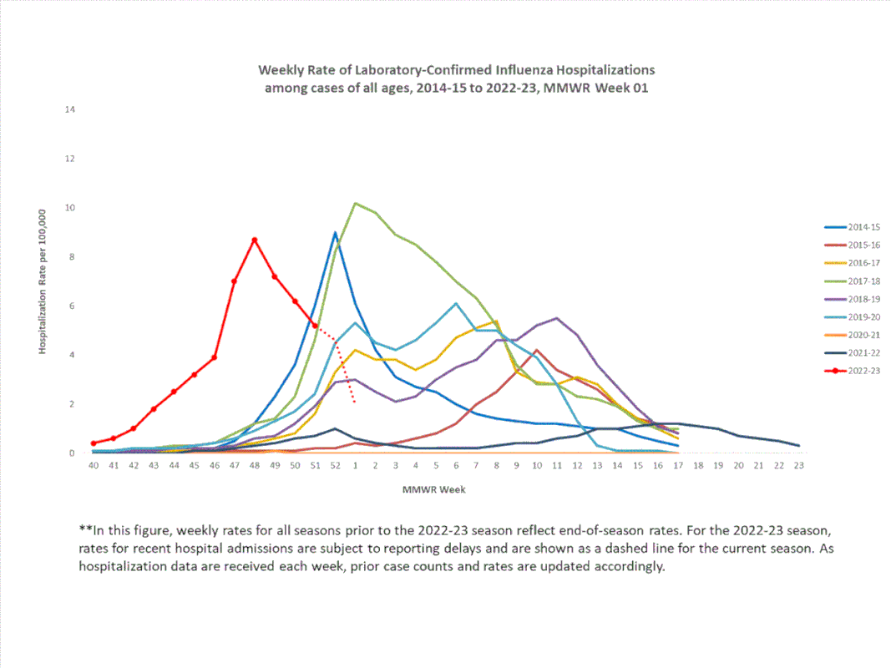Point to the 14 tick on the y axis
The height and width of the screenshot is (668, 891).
pos(71,109)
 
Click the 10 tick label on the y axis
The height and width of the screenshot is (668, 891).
pos(71,208)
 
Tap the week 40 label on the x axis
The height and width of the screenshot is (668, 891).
pos(94,465)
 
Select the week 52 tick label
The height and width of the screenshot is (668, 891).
pos(335,465)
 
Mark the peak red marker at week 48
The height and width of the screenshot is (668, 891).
pos(255,240)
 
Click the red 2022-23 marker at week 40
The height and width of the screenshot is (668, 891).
pos(94,443)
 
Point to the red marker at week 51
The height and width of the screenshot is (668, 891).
pos(315,325)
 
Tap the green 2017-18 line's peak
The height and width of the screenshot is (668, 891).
pos(356,203)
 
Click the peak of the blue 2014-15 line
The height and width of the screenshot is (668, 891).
pos(335,232)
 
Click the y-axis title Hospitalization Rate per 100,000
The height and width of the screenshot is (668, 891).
pos(41,281)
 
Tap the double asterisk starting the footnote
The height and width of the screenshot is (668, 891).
pos(84,529)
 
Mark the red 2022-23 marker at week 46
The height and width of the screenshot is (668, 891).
pos(215,357)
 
